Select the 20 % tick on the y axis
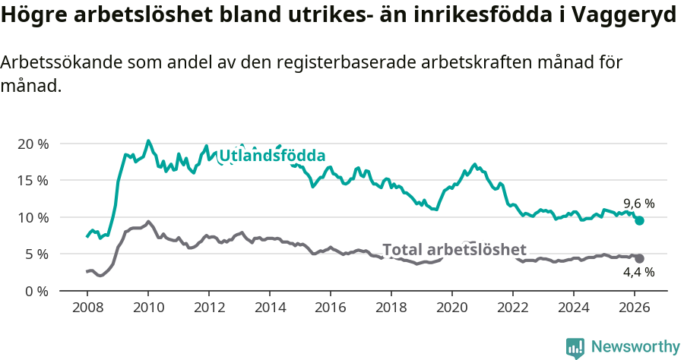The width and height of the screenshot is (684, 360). [x=33, y=144]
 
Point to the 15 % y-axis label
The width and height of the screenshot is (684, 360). [x=33, y=181]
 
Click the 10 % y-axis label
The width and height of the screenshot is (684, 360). [x=33, y=217]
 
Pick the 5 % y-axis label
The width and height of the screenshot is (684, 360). [x=36, y=254]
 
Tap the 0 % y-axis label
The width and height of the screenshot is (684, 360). [x=36, y=291]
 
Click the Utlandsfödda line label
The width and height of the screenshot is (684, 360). [x=272, y=156]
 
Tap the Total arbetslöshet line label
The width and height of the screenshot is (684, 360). [x=454, y=250]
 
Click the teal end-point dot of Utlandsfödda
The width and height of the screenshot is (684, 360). [x=640, y=220]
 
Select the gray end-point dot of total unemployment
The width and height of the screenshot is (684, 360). [x=640, y=258]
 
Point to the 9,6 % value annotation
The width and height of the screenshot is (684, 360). [x=638, y=204]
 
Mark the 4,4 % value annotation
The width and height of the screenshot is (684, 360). [x=638, y=272]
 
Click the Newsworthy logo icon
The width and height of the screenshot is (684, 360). [x=575, y=347]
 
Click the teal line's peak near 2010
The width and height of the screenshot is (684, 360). [x=148, y=141]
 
